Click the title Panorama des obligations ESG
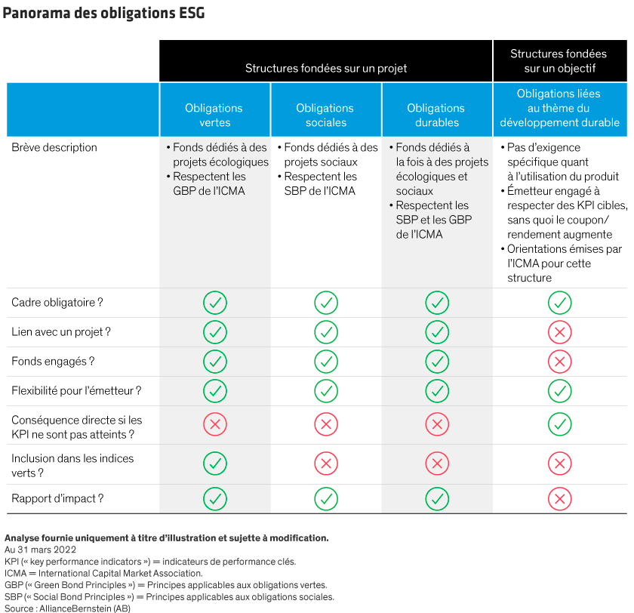(103, 14)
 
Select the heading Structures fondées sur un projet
(325, 69)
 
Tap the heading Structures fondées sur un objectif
(559, 61)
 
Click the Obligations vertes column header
(215, 116)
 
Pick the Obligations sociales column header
(325, 116)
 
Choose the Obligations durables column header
(437, 116)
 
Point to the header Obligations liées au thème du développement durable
(559, 108)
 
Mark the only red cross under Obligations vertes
(215, 424)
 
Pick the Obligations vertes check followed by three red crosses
(215, 462)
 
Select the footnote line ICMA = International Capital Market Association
(103, 573)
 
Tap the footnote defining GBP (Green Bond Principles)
(165, 585)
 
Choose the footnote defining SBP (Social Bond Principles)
(169, 596)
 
